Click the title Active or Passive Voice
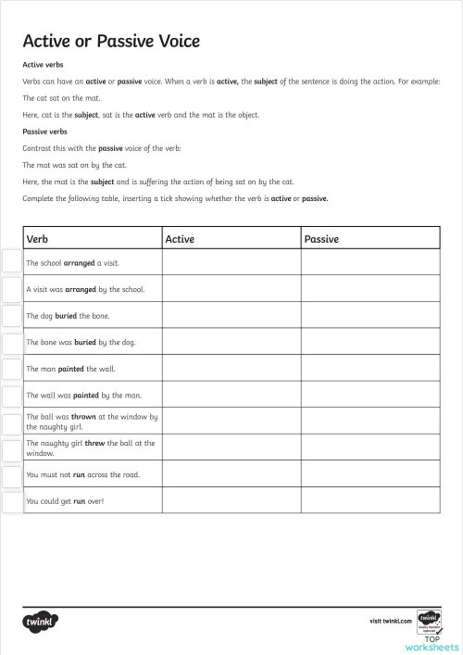click(x=111, y=42)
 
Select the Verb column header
click(x=38, y=239)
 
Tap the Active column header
click(x=180, y=239)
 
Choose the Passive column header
click(x=321, y=239)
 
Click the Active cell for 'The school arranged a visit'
click(x=231, y=263)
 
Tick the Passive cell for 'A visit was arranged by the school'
click(x=369, y=289)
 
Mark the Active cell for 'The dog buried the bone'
click(x=231, y=316)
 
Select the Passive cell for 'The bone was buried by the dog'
click(x=369, y=342)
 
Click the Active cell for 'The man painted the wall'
click(x=231, y=369)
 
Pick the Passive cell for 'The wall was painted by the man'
click(x=369, y=396)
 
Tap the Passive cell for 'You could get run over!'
click(x=369, y=501)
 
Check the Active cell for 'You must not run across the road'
click(x=231, y=475)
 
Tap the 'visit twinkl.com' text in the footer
click(x=389, y=621)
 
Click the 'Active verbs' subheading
click(x=42, y=66)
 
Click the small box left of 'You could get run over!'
click(x=11, y=501)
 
